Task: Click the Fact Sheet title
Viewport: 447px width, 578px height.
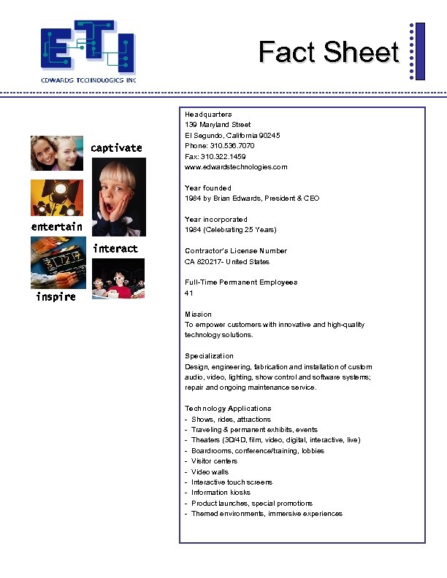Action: tap(329, 52)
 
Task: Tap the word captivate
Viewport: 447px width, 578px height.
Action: tap(116, 148)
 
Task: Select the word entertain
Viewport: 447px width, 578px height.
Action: tap(56, 227)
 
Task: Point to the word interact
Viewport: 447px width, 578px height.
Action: tap(115, 249)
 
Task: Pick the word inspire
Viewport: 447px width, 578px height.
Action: tap(56, 297)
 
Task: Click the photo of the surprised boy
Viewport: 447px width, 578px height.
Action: tap(122, 196)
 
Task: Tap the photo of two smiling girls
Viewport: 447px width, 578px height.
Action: tap(56, 153)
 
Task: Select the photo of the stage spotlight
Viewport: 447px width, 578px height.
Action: tap(51, 198)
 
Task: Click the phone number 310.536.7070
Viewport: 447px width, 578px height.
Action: tap(231, 146)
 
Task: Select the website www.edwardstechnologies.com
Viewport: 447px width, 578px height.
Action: tap(236, 167)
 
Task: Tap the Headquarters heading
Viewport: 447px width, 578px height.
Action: tap(208, 115)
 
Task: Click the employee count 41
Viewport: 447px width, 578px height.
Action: tap(189, 293)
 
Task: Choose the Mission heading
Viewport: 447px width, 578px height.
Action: tap(198, 314)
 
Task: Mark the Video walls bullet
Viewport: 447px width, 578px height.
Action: tap(210, 471)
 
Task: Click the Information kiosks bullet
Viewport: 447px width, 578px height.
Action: tap(221, 493)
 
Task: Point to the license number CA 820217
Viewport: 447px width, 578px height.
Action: tap(205, 261)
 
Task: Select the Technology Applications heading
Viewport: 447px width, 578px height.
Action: tap(228, 409)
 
